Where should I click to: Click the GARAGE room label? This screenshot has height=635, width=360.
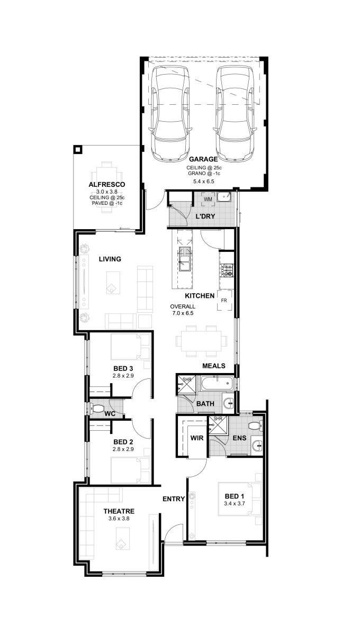[203, 159]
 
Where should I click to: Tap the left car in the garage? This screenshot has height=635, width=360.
[170, 114]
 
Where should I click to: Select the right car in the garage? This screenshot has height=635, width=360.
[235, 114]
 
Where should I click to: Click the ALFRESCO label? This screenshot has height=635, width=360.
[106, 185]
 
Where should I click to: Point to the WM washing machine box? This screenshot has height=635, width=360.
[208, 199]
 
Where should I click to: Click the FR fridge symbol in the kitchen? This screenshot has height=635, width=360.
[224, 301]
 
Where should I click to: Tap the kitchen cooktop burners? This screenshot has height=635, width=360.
[227, 270]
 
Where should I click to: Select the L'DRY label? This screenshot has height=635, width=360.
[205, 216]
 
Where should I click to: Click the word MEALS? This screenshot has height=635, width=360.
[213, 366]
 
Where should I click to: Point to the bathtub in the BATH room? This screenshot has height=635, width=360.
[217, 384]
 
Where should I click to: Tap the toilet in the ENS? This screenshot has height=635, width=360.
[255, 425]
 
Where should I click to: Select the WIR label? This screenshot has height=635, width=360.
[197, 438]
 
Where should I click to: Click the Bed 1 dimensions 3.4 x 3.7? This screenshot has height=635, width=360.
[235, 503]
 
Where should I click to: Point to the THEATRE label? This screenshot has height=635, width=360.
[119, 511]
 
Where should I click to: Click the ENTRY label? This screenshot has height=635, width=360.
[174, 498]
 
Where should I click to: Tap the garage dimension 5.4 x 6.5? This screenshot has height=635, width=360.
[204, 182]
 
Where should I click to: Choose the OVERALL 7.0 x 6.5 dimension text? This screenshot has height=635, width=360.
[183, 310]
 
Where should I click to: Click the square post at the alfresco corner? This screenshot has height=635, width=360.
[77, 149]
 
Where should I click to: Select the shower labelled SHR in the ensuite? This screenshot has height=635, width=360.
[218, 424]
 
